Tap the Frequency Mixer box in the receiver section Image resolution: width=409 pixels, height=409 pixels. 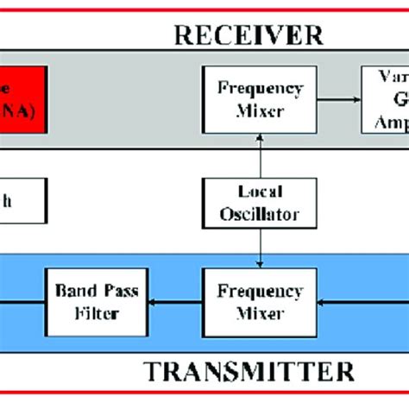click(261, 99)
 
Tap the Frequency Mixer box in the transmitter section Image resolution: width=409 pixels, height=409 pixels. click(261, 301)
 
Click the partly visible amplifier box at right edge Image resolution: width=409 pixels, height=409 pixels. click(385, 99)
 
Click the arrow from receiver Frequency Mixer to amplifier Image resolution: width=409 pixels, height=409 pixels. click(340, 99)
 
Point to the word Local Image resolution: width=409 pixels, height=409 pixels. click(261, 192)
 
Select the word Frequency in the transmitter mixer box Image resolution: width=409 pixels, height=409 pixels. click(261, 292)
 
